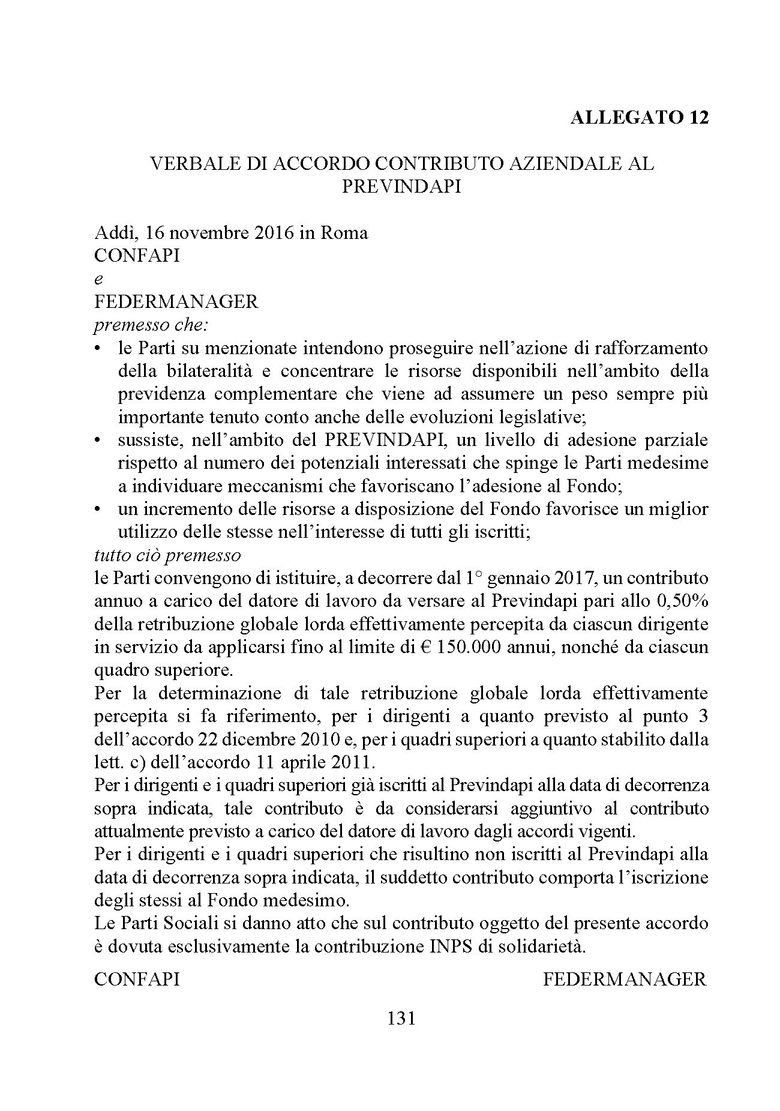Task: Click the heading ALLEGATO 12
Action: [x=639, y=117]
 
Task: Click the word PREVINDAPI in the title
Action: [x=401, y=186]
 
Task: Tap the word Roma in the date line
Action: [x=344, y=232]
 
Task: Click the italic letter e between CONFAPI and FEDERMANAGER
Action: [x=98, y=279]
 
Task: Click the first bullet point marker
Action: [x=98, y=349]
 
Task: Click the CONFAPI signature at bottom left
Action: [x=137, y=980]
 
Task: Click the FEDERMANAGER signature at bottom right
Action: [x=625, y=980]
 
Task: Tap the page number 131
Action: [x=401, y=1018]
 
